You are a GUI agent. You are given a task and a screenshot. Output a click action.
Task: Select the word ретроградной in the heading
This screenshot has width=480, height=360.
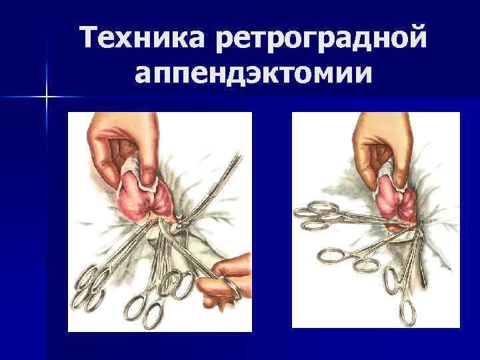pyautogui.click(x=321, y=39)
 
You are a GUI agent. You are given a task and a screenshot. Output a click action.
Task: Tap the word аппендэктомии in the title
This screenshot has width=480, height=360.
pyautogui.click(x=253, y=73)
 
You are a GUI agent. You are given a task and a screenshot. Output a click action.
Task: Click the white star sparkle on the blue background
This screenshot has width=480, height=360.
pyautogui.click(x=47, y=97)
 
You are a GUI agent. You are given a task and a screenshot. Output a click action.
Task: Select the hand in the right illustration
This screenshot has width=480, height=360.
pyautogui.click(x=383, y=147)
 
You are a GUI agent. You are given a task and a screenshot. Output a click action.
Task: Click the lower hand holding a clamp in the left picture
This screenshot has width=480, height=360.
pyautogui.click(x=225, y=281)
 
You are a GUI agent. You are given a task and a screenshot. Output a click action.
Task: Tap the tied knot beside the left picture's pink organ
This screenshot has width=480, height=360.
pyautogui.click(x=179, y=221)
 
